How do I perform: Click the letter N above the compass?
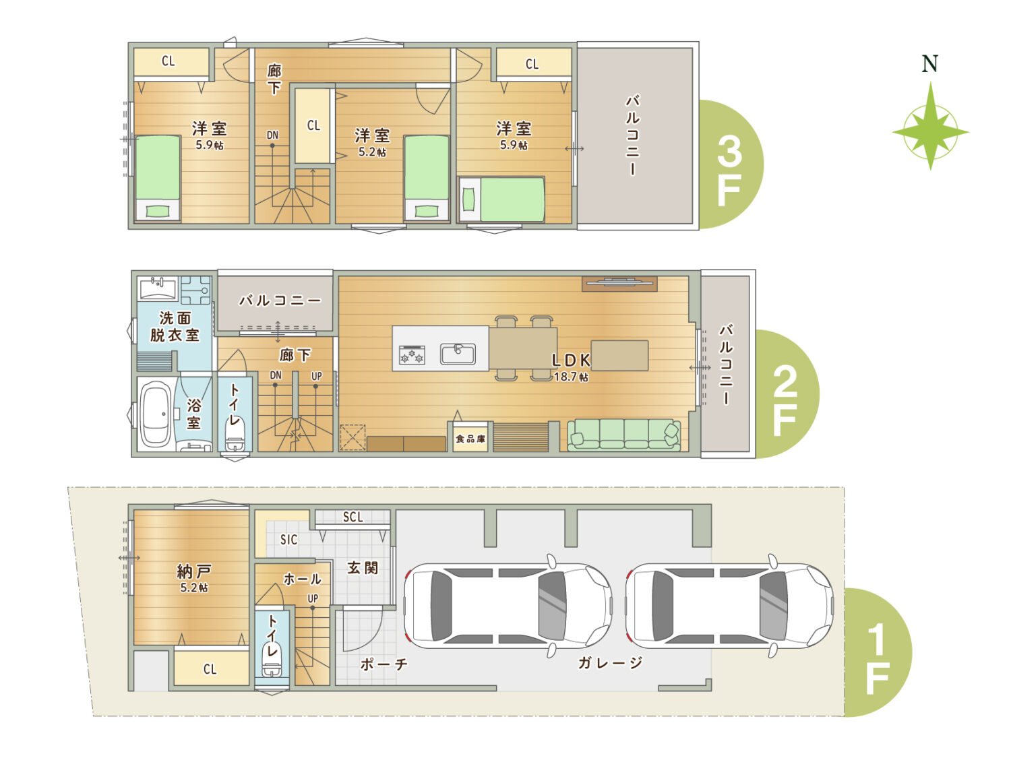coord(929,64)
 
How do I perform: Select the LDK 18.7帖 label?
coord(571,367)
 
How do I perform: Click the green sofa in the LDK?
coord(624,434)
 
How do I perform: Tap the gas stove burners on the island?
coord(412,355)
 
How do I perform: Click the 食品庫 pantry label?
coord(470,439)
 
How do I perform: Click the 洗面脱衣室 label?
coord(175,326)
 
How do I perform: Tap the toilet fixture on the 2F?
coord(235,435)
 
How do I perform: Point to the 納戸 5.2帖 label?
coord(194,578)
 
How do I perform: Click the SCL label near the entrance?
coord(353,517)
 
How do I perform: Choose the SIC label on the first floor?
coord(288,540)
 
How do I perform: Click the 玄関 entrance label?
coord(363,568)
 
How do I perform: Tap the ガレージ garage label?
coord(610,663)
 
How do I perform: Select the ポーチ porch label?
coord(384,664)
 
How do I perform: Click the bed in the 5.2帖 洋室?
coord(427,178)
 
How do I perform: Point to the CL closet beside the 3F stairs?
coord(313,125)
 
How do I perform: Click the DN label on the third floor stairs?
coord(272,135)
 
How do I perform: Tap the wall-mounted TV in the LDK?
coord(619,284)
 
